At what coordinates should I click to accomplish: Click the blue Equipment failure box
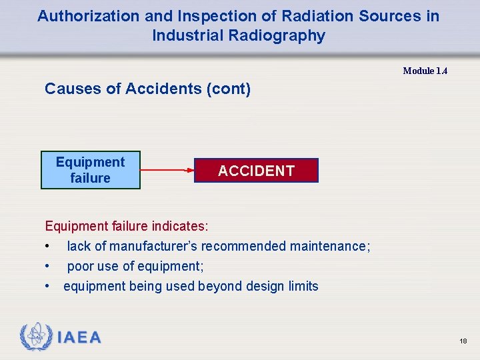[90, 170]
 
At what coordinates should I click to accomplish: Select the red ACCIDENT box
[256, 171]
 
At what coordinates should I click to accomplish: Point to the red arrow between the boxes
[167, 170]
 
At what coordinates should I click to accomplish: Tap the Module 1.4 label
[425, 71]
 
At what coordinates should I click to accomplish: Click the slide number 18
[463, 341]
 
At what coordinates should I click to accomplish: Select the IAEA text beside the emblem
[79, 338]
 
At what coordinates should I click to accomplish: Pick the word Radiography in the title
[285, 36]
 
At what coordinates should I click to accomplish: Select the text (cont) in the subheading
[229, 89]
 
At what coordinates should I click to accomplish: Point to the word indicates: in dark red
[180, 226]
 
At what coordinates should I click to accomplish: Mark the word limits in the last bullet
[303, 286]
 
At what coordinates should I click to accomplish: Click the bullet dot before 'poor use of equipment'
[47, 266]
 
